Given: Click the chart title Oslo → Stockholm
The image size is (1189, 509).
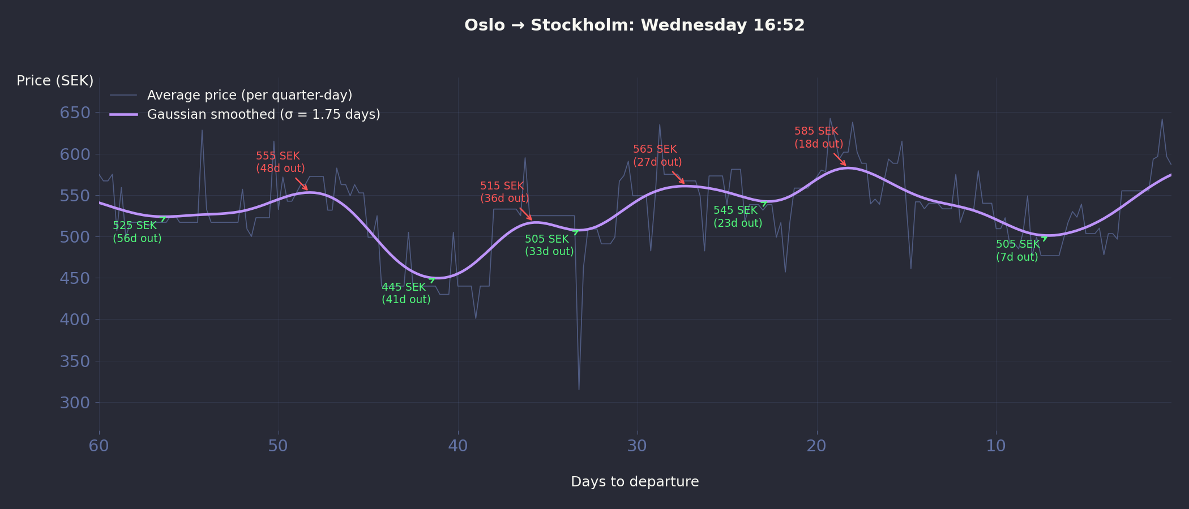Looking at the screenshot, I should click(x=634, y=25).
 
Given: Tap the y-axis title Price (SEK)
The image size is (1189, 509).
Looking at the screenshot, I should click(x=55, y=81).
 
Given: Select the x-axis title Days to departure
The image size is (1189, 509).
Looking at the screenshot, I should click(x=635, y=482).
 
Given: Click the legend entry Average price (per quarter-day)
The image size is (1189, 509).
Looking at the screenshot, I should click(x=249, y=95).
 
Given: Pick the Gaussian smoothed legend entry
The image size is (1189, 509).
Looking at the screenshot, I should click(x=263, y=114).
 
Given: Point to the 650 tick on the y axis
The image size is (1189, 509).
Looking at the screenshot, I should click(x=75, y=113).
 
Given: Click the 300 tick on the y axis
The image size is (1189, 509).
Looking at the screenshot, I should click(x=75, y=403).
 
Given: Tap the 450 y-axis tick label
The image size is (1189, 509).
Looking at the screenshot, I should click(x=75, y=278).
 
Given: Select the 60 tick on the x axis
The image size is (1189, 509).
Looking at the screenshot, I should click(x=99, y=446).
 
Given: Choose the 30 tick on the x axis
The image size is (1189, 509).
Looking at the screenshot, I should click(x=637, y=446).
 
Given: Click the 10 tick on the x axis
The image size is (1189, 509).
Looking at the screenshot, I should click(x=996, y=446).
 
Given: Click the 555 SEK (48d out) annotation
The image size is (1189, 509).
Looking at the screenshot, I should click(x=280, y=162).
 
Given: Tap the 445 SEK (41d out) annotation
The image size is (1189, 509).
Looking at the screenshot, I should click(x=406, y=294).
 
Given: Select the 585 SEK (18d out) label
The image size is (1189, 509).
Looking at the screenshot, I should click(x=819, y=137).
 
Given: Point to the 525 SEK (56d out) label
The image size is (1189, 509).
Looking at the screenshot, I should click(x=137, y=232).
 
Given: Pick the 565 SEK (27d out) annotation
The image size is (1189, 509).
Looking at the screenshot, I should click(x=657, y=156).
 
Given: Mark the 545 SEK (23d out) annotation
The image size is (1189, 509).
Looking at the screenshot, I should click(x=738, y=217).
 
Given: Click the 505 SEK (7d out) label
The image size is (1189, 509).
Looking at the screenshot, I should click(x=1017, y=251).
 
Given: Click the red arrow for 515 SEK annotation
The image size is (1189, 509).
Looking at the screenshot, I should click(x=526, y=214).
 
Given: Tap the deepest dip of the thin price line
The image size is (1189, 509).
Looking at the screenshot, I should click(x=579, y=389).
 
